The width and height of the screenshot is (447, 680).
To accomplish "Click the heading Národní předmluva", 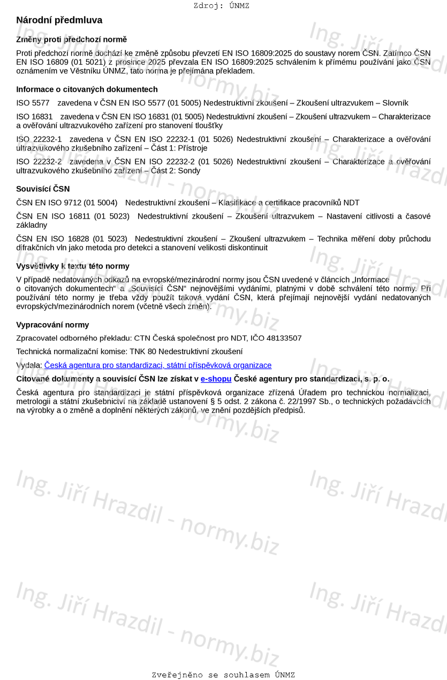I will tap(59, 20).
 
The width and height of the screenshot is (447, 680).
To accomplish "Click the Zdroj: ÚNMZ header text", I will tap(221, 6).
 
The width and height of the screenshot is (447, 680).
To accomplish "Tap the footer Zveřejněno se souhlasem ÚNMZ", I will tap(223, 675).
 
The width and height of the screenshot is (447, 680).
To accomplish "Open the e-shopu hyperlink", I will tap(216, 379).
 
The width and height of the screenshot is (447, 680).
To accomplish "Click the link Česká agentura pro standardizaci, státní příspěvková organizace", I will tap(158, 365).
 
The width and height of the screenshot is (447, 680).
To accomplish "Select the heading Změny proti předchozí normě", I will tap(71, 40).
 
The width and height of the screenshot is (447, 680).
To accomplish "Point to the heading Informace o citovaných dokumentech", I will tap(87, 89).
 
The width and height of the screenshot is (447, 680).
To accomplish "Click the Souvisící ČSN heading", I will tap(43, 189).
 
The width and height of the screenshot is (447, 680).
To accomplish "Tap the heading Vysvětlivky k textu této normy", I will tap(73, 266).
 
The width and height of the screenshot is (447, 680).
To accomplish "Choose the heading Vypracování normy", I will tap(52, 325).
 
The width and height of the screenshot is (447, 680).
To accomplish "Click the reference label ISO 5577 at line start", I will tap(33, 103).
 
